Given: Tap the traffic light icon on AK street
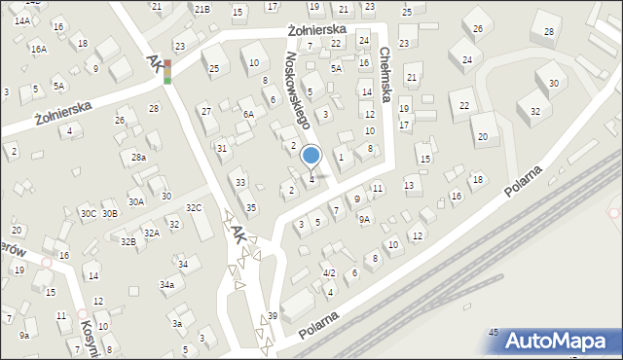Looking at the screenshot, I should pyautogui.click(x=167, y=71).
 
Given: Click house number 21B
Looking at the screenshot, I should pyautogui.click(x=201, y=9).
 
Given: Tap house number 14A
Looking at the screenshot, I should pyautogui.click(x=21, y=20).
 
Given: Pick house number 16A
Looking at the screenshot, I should pyautogui.click(x=38, y=49).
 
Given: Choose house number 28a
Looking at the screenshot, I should pyautogui.click(x=139, y=157).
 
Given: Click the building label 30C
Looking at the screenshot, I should pyautogui.click(x=88, y=213).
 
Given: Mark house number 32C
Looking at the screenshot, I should pyautogui.click(x=194, y=207).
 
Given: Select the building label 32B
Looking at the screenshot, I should pyautogui.click(x=128, y=240).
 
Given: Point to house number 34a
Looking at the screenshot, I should pyautogui.click(x=167, y=284).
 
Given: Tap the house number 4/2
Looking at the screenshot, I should pyautogui.click(x=329, y=273).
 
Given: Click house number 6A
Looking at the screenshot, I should pyautogui.click(x=248, y=114).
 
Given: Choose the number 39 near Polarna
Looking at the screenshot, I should pyautogui.click(x=273, y=316).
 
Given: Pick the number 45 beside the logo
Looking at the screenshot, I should pyautogui.click(x=494, y=333).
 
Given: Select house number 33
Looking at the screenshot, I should pyautogui.click(x=240, y=182).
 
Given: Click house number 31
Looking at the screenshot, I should pyautogui.click(x=222, y=148).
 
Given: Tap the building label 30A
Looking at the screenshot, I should pyautogui.click(x=136, y=201).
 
